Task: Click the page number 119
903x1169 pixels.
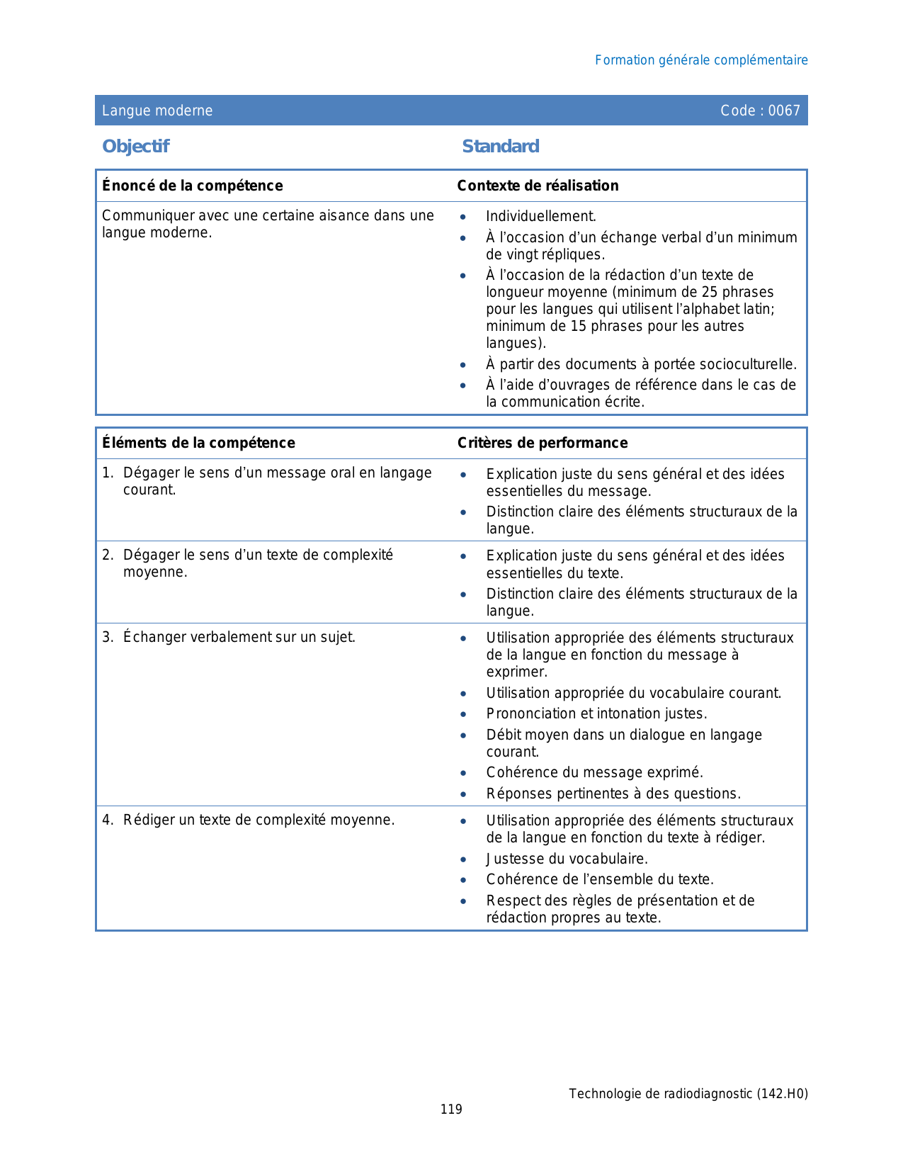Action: click(x=451, y=1109)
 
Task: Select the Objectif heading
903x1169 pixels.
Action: click(x=135, y=146)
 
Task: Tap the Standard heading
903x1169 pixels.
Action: click(x=500, y=146)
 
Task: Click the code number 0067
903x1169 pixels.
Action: click(x=784, y=111)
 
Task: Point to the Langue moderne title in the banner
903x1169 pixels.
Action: click(x=157, y=111)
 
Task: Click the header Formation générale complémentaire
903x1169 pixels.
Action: click(x=701, y=60)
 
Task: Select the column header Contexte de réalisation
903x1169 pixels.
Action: click(x=538, y=186)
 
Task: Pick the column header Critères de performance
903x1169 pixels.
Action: click(x=542, y=443)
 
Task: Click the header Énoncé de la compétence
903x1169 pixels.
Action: click(x=192, y=186)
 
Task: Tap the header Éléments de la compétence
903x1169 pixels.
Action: click(x=198, y=443)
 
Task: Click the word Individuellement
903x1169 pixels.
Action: click(x=540, y=217)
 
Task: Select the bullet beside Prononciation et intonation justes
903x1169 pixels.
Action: click(x=463, y=714)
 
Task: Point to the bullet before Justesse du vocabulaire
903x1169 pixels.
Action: click(x=463, y=859)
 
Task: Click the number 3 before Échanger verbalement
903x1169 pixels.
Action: click(x=106, y=637)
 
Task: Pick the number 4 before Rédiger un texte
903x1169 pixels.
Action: click(x=106, y=820)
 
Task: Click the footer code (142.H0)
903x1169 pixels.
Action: click(x=782, y=1094)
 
